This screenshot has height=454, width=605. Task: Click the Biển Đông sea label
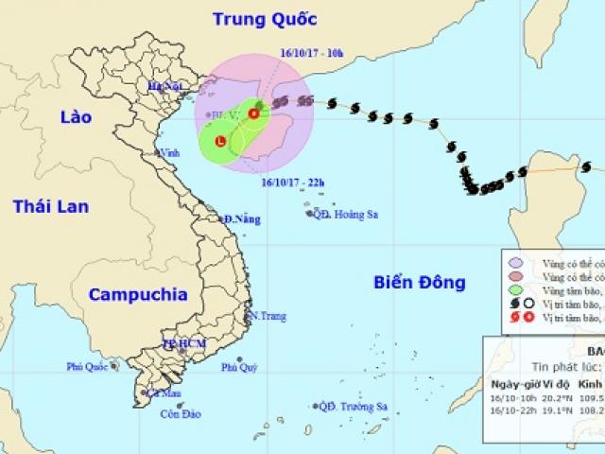tap(420, 281)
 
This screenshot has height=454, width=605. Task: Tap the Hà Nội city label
tap(162, 86)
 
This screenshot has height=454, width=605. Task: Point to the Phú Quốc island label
tap(87, 366)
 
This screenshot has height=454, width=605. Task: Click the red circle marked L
tap(220, 142)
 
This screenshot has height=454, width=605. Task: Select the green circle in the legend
tap(514, 288)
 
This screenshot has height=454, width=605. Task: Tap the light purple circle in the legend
tap(514, 262)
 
